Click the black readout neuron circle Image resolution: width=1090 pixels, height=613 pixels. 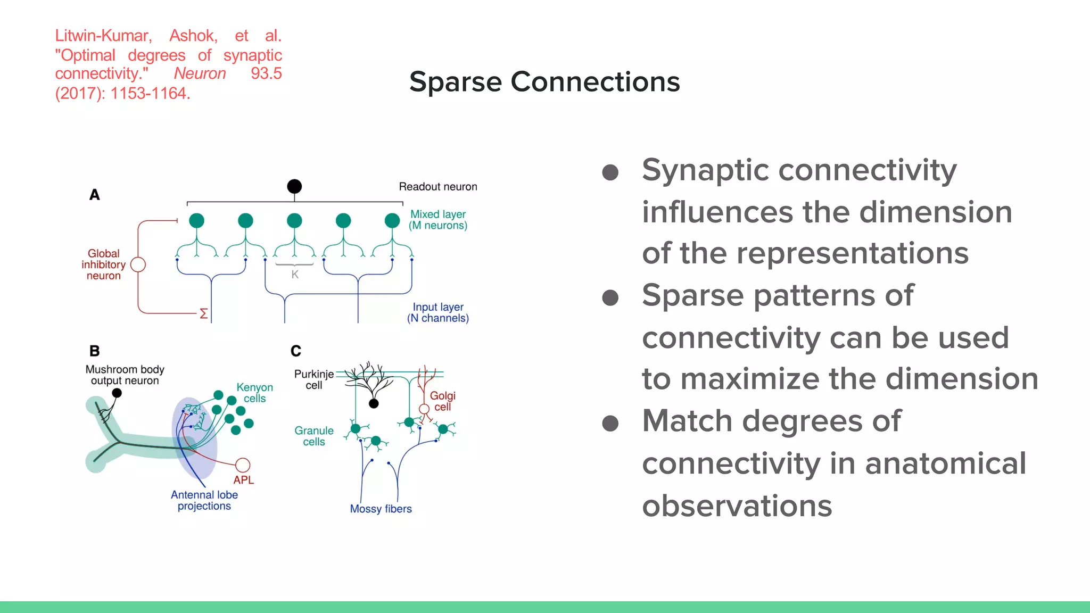[294, 186]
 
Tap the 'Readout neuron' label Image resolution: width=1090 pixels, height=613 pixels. [437, 187]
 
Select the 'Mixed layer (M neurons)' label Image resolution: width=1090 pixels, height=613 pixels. [437, 220]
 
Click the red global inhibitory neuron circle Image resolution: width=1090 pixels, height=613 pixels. [138, 264]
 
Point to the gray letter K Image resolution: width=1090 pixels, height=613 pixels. [295, 275]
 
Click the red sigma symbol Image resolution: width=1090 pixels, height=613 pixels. [203, 313]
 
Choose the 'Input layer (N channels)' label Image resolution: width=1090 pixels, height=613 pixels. [437, 313]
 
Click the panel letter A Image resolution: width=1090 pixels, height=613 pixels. [94, 195]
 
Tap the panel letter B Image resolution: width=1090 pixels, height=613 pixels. [94, 351]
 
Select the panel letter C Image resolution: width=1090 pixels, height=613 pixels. [296, 351]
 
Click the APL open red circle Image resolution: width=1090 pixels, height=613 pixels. [243, 465]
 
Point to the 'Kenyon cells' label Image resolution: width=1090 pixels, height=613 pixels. [254, 393]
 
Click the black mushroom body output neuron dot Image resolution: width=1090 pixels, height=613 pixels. [117, 393]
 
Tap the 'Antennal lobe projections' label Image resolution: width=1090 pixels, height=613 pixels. [204, 500]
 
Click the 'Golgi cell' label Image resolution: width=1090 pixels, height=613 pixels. [442, 401]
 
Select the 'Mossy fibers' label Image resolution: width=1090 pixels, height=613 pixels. [381, 509]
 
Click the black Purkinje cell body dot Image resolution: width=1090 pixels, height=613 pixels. [374, 404]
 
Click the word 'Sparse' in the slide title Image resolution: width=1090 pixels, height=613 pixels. [456, 82]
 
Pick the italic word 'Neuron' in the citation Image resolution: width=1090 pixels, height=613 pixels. [200, 73]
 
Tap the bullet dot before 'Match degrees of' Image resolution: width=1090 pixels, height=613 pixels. [610, 424]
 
